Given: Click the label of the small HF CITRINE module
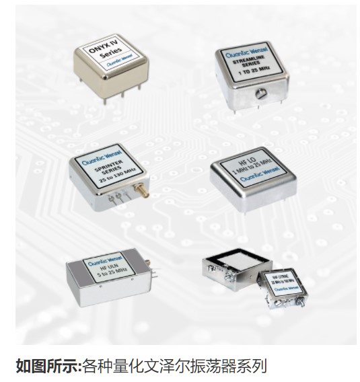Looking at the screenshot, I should click(282, 283).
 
